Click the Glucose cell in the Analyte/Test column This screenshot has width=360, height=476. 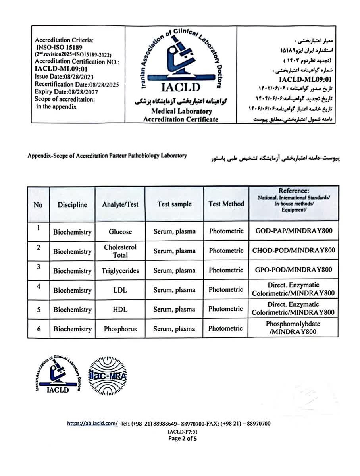(120, 232)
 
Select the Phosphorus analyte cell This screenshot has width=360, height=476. (120, 329)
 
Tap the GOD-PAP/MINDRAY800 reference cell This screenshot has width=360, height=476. (294, 231)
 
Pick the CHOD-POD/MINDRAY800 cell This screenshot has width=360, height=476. (294, 251)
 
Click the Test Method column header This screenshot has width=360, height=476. (226, 204)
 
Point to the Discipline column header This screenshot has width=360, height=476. (72, 205)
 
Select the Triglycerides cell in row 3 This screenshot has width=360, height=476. (120, 271)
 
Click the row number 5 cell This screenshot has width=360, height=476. (39, 309)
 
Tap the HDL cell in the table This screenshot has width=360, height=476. (120, 309)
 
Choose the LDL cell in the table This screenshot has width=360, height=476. (120, 290)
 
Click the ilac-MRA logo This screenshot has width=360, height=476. (107, 375)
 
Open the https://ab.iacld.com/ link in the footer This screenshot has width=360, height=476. (92, 424)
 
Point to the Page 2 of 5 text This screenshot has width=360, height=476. (183, 439)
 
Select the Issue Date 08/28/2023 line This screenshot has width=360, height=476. (64, 77)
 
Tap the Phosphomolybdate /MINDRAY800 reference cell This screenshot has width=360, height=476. (293, 328)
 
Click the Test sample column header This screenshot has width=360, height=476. (174, 204)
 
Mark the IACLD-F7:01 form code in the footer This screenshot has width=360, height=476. (183, 432)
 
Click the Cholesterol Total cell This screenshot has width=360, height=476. (120, 251)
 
